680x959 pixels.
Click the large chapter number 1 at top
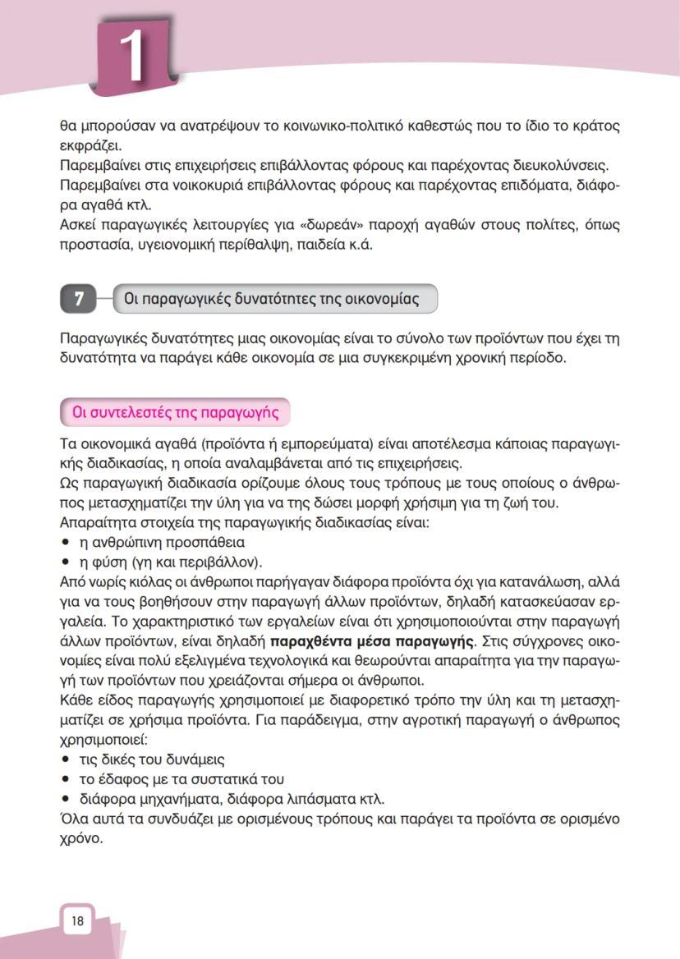point(132,55)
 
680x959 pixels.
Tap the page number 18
point(77,920)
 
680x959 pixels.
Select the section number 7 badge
point(79,299)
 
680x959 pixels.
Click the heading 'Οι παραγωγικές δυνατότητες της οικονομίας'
point(271,299)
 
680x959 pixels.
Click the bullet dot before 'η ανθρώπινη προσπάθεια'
point(66,543)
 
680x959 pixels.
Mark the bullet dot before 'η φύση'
point(66,562)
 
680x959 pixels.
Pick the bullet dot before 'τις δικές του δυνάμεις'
point(66,759)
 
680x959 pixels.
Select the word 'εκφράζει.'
point(90,147)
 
